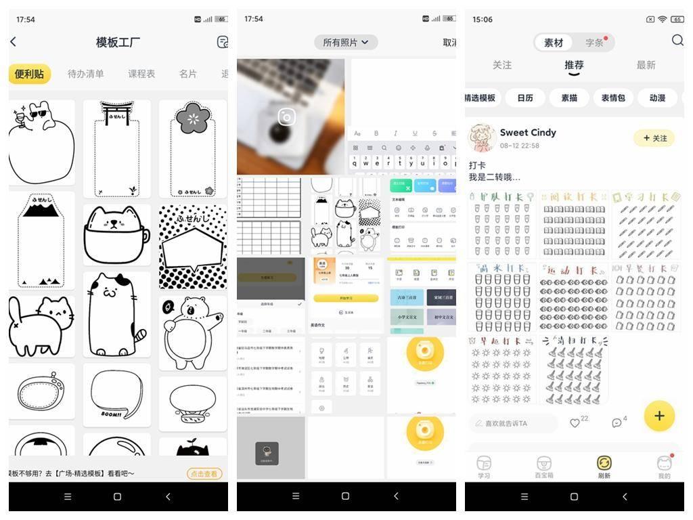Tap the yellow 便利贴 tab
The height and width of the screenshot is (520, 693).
[x=29, y=74]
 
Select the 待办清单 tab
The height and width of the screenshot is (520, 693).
[x=86, y=74]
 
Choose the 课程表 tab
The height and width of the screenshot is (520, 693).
[x=141, y=74]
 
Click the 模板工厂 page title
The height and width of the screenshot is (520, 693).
[x=118, y=42]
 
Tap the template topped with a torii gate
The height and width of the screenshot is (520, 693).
[x=116, y=148]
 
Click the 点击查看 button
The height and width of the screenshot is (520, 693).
[x=204, y=474]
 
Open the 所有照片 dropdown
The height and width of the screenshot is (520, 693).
[x=345, y=42]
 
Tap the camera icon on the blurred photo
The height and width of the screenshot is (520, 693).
[x=287, y=117]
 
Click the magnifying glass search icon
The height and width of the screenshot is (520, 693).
[x=677, y=41]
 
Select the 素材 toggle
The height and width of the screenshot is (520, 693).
[x=554, y=43]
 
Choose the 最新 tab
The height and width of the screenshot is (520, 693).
[x=646, y=65]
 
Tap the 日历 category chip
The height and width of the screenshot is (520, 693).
[x=525, y=97]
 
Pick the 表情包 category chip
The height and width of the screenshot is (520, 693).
[x=613, y=97]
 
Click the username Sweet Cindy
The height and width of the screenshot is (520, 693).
[x=528, y=132]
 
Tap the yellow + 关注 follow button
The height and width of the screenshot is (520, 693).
[x=654, y=138]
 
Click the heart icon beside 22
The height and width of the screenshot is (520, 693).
[x=575, y=423]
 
